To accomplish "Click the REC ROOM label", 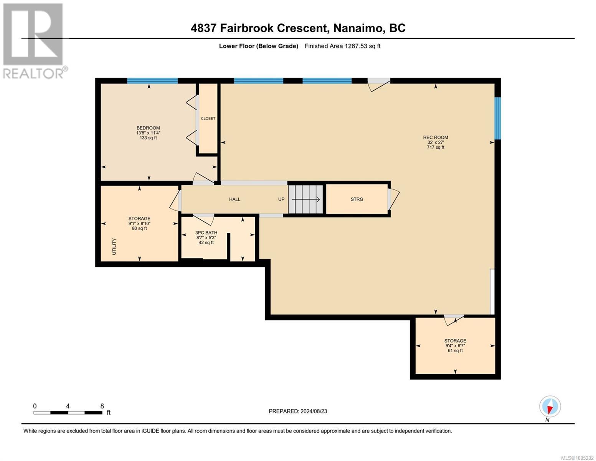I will point(435,138).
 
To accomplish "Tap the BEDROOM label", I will point(148,128).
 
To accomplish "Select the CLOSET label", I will point(208,118).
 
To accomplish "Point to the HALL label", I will point(234,199).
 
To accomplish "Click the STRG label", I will point(357,199).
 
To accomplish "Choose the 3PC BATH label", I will point(206,232).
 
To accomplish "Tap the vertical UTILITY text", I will point(114,246).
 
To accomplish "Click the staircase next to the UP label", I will point(305,199).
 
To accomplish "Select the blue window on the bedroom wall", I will point(152,81).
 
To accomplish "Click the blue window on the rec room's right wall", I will point(497,118).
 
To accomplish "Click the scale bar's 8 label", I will point(102,406).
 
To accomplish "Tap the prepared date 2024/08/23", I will point(314,411).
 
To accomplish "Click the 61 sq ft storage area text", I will point(455,350).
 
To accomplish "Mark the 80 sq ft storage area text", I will point(139,228).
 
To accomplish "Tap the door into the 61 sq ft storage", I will point(454,319).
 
